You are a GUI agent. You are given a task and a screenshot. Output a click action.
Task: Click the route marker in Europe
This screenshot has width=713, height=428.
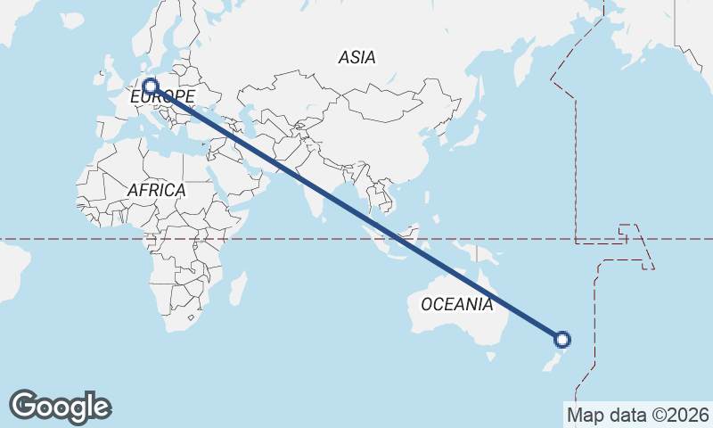tap(151, 87)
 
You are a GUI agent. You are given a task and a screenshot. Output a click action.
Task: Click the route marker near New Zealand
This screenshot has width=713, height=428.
tap(562, 339)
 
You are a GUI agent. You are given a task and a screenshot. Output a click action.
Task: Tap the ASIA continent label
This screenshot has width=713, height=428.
tap(356, 58)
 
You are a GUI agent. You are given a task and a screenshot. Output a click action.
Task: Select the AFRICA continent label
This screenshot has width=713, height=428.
tap(156, 190)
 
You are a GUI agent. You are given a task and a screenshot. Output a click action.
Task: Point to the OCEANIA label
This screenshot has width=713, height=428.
tap(456, 305)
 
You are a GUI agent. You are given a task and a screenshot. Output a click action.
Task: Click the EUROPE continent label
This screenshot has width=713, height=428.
tap(162, 96)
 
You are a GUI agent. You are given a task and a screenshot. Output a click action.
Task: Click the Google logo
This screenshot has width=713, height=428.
tap(60, 407)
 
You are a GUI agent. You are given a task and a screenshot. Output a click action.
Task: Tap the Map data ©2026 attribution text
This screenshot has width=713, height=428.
tap(637, 415)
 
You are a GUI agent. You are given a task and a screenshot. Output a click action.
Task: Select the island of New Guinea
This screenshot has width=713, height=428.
tap(490, 256)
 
